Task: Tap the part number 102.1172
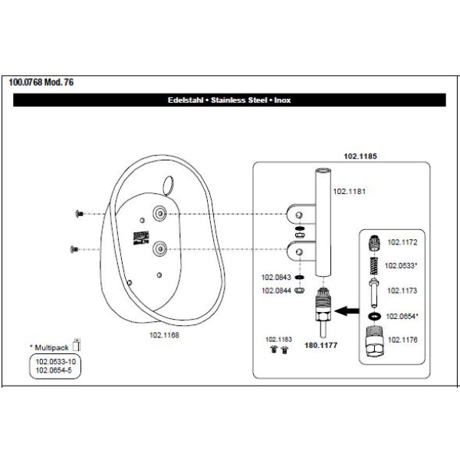[402, 242]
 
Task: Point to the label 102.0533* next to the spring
[403, 266]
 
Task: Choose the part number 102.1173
[402, 291]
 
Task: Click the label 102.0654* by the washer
[403, 316]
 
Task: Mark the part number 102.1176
[402, 338]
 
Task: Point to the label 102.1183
[279, 338]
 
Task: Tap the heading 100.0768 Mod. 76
[42, 82]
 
